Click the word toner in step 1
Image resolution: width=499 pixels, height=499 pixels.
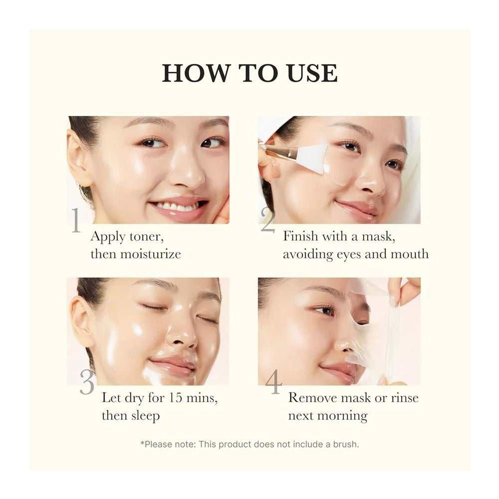pos(146,236)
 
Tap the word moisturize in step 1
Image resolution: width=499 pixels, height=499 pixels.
pos(150,254)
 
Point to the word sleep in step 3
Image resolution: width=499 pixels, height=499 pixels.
pos(142,416)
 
